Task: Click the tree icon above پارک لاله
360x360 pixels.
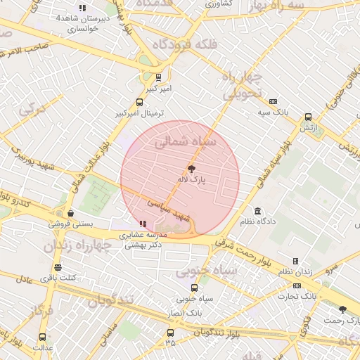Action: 191,169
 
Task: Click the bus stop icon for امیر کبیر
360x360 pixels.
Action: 158,77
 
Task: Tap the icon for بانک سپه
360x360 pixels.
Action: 273,101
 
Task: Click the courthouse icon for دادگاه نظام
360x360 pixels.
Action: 258,211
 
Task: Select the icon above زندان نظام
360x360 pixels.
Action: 295,261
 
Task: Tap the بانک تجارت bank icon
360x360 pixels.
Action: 297,285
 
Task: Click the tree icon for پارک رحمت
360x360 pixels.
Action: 342,309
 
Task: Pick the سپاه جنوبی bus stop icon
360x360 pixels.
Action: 195,287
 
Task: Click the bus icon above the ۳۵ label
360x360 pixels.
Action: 170,333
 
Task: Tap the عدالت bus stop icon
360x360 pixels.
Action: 42,337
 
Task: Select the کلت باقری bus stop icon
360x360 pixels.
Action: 58,267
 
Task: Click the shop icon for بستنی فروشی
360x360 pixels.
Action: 70,213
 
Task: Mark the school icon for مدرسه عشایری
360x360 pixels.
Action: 143,224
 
